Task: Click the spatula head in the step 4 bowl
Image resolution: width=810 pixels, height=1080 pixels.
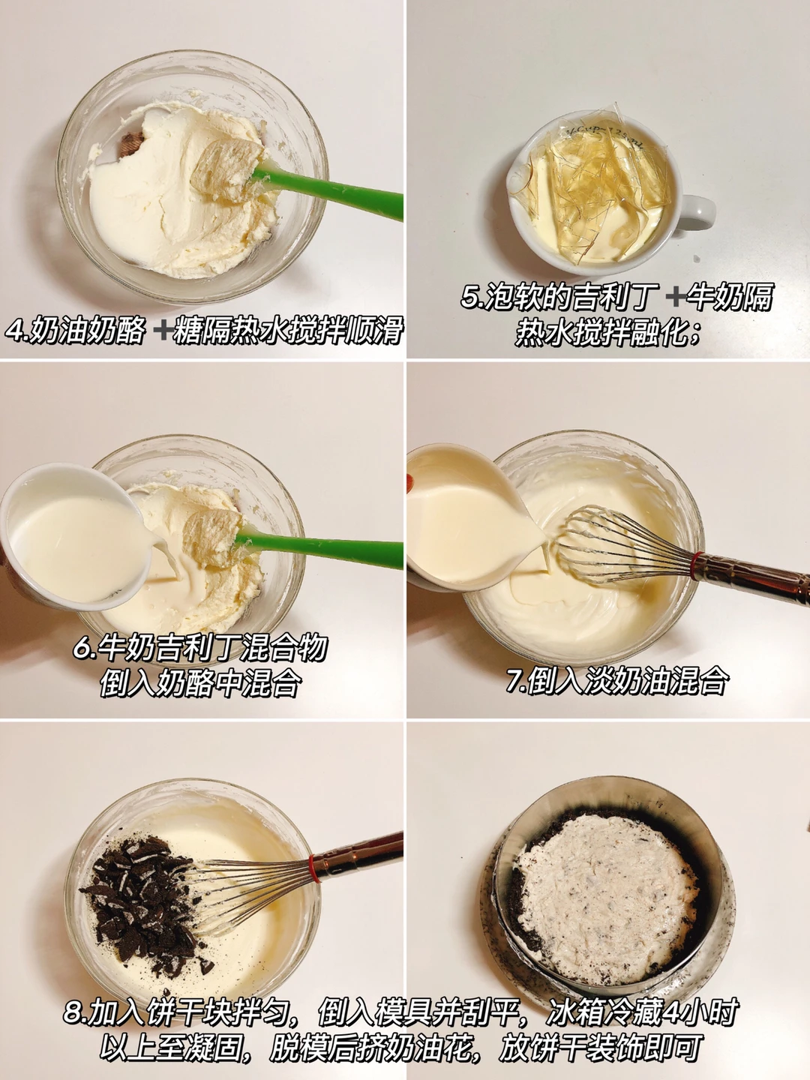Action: (228, 170)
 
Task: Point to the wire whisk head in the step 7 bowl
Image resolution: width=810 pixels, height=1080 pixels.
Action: (625, 546)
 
